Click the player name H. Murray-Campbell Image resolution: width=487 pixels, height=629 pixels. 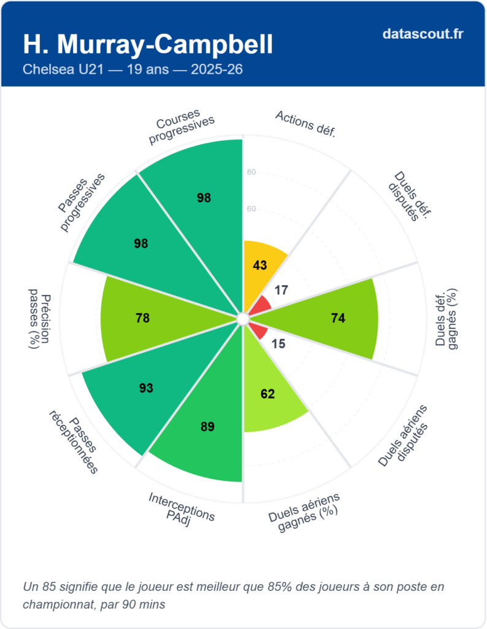(x=148, y=44)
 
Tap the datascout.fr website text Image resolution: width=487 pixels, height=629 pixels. (x=423, y=34)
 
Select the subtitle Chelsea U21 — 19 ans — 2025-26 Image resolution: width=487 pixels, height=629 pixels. (x=132, y=69)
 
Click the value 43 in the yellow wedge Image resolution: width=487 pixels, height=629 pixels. (x=260, y=265)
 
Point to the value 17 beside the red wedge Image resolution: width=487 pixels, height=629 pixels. (x=282, y=290)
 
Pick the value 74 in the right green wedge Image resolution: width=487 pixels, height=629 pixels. (x=338, y=318)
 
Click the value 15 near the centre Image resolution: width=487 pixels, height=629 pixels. (x=278, y=344)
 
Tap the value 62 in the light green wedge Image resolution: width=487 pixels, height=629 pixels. (x=267, y=394)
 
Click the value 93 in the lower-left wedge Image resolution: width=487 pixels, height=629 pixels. (x=146, y=388)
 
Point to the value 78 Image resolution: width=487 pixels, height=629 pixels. (x=143, y=318)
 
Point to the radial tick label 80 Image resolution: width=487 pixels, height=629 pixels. (x=251, y=173)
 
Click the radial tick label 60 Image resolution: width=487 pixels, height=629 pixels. (x=251, y=209)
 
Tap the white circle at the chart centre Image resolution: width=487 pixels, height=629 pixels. (x=243, y=318)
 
